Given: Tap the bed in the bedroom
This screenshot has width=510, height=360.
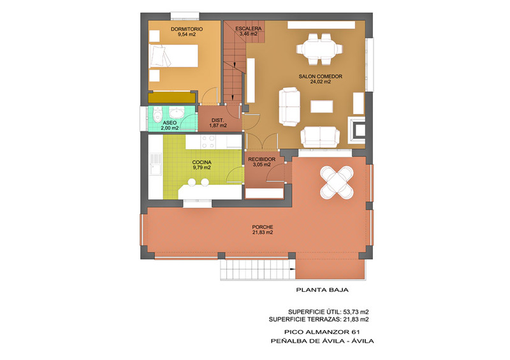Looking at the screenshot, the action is (173, 55).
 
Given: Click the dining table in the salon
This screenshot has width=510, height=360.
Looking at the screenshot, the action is (319, 49).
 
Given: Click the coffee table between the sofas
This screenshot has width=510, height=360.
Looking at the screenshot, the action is (322, 106).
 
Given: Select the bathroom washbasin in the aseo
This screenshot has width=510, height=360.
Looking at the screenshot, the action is (177, 113).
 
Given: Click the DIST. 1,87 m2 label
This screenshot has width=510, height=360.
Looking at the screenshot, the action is (218, 122).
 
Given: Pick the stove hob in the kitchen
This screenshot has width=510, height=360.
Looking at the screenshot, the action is (208, 141).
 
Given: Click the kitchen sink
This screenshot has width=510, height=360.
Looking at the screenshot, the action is (156, 164).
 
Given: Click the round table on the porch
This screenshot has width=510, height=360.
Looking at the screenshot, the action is (337, 182).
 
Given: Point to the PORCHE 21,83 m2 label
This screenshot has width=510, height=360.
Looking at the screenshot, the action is (263, 229).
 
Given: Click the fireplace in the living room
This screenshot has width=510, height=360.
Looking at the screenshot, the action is (357, 130).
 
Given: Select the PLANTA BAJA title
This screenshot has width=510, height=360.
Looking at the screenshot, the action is (322, 290).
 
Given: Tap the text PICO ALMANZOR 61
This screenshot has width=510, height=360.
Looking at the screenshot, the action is (322, 332).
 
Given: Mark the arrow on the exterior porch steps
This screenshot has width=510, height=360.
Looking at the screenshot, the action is (292, 269).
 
